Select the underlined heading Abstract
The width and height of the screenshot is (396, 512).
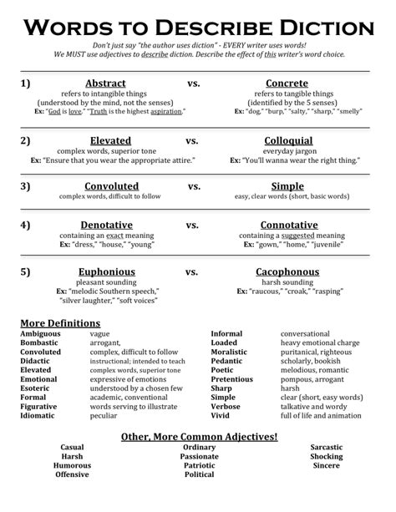(105, 84)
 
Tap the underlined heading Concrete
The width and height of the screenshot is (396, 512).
(287, 84)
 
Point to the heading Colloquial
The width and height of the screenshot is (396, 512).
(288, 140)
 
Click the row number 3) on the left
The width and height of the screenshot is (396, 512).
(26, 186)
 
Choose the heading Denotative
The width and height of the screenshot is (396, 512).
(106, 225)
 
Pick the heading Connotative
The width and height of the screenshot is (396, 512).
(288, 225)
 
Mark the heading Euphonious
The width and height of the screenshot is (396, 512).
(106, 271)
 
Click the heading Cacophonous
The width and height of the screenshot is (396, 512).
(287, 271)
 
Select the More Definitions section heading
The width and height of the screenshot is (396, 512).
(60, 322)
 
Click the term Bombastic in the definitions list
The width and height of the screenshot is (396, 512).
(40, 342)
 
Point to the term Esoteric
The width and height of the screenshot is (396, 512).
(38, 388)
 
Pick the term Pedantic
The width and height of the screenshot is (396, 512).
(227, 361)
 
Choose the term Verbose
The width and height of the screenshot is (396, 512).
(226, 407)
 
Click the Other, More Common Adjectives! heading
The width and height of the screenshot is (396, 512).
(199, 436)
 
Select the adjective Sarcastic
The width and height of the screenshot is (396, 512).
(326, 448)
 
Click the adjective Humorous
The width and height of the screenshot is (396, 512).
(72, 466)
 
